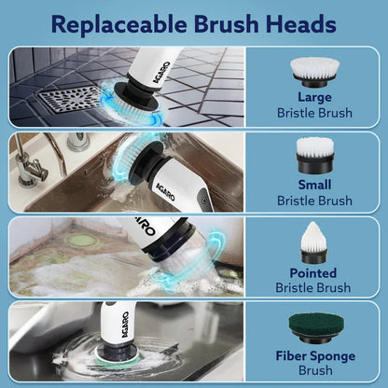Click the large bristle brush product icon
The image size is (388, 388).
pyautogui.click(x=314, y=70)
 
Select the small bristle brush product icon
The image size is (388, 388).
pyautogui.click(x=314, y=154)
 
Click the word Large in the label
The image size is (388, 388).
pyautogui.click(x=314, y=97)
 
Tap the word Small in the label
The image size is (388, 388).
pyautogui.click(x=314, y=185)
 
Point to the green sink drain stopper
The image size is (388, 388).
pyautogui.click(x=81, y=241)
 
